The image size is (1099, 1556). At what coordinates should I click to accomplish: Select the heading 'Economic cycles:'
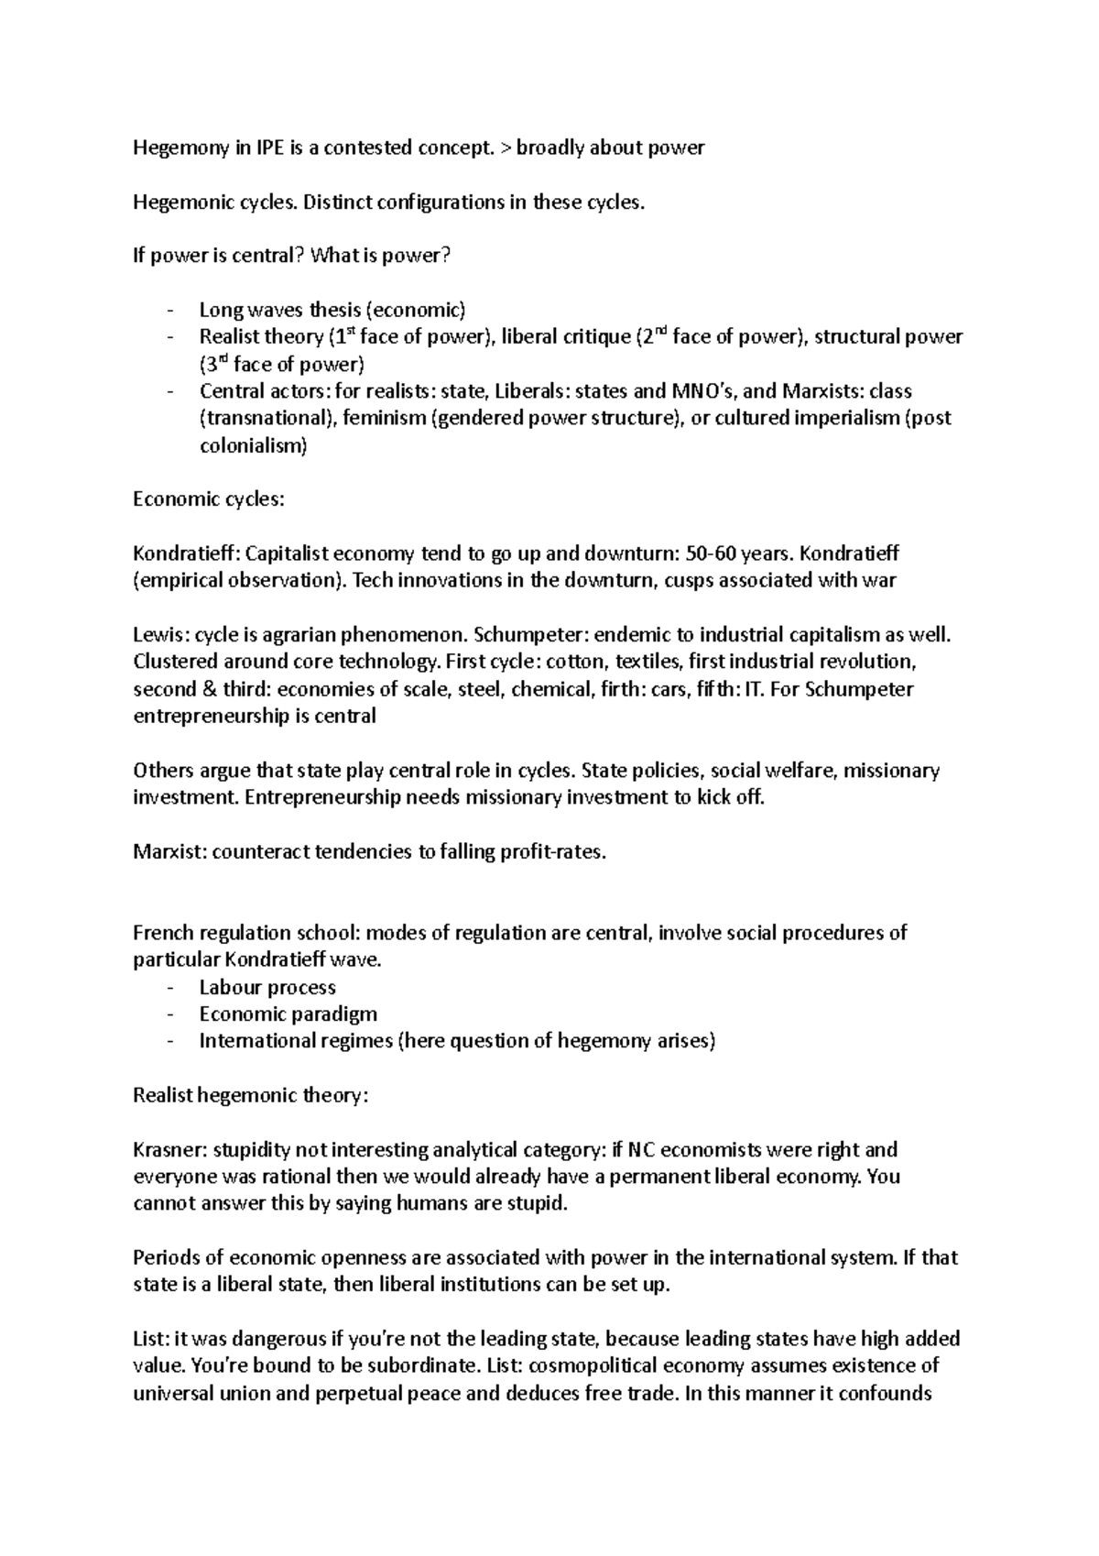[x=209, y=499]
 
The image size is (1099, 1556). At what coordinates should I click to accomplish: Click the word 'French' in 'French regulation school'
[x=161, y=933]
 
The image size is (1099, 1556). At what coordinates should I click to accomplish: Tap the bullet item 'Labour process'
[x=267, y=987]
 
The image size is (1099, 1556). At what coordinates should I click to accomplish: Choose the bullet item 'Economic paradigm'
[x=288, y=1014]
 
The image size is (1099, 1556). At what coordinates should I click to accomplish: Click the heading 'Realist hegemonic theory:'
[x=250, y=1095]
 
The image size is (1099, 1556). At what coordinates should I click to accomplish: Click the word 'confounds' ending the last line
[x=888, y=1393]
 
